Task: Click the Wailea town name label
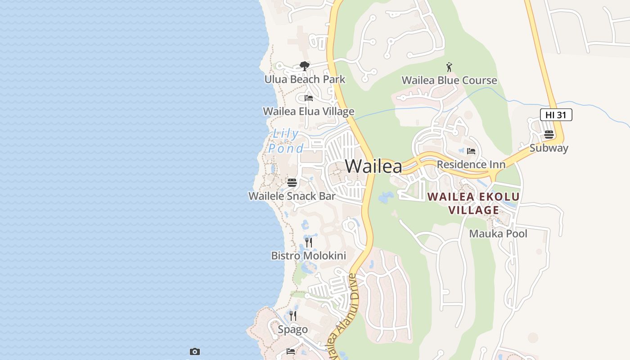point(373,166)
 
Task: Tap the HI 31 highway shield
point(556,115)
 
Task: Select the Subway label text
point(549,148)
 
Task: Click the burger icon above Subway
point(549,135)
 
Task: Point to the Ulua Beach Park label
point(305,80)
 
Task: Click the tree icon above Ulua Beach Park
point(305,66)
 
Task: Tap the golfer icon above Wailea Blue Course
point(449,67)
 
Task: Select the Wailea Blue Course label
point(449,81)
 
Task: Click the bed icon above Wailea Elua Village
point(309,98)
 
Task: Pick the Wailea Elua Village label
point(308,111)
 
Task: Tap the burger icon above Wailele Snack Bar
point(292,183)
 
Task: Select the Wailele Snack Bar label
point(292,196)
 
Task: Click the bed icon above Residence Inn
point(471,151)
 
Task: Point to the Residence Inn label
point(471,165)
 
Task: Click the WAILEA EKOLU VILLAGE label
point(473,203)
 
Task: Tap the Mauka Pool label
point(498,234)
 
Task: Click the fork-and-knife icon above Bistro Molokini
point(309,243)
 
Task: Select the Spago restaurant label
point(292,329)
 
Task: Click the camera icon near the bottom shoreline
point(195,351)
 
